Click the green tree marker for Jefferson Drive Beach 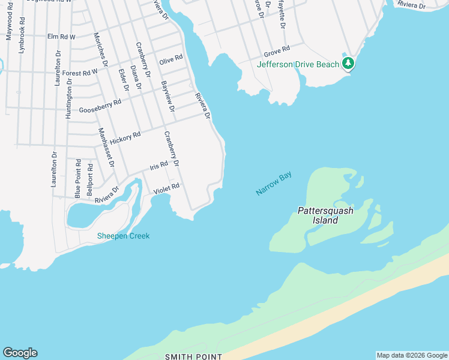pyautogui.click(x=348, y=63)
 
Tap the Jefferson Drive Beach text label pyautogui.click(x=298, y=64)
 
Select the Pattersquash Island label pyautogui.click(x=325, y=215)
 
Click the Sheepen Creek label pyautogui.click(x=123, y=236)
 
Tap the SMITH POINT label pyautogui.click(x=193, y=356)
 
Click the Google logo pyautogui.click(x=20, y=353)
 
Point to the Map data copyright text pyautogui.click(x=412, y=355)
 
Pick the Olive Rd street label pyautogui.click(x=170, y=60)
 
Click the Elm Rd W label pyautogui.click(x=61, y=37)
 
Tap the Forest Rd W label pyautogui.click(x=80, y=73)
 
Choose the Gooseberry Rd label pyautogui.click(x=100, y=107)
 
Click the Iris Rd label pyautogui.click(x=158, y=166)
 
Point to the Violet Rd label pyautogui.click(x=166, y=189)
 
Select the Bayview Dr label pyautogui.click(x=167, y=95)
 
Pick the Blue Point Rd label pyautogui.click(x=78, y=178)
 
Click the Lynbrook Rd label pyautogui.click(x=22, y=40)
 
